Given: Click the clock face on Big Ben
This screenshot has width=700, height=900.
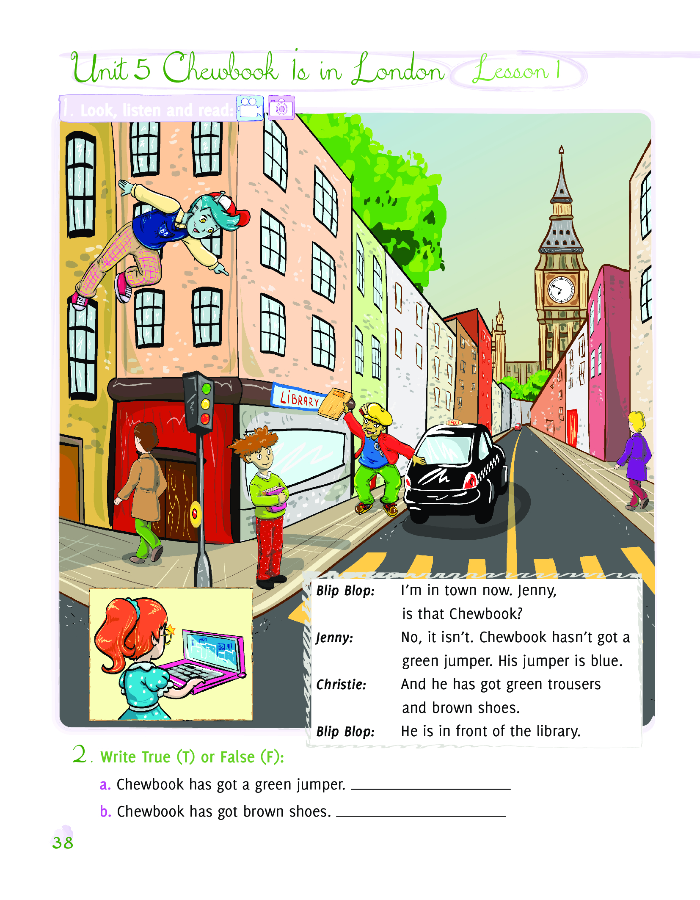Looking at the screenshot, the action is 561,290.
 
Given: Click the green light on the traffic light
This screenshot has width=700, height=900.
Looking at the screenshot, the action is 207,388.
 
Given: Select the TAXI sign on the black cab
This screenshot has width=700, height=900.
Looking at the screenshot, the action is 454,422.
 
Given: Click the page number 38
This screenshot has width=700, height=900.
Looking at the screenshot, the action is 63,842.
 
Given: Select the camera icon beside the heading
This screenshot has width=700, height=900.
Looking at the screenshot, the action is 281,108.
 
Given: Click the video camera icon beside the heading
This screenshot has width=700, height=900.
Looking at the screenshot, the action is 250,108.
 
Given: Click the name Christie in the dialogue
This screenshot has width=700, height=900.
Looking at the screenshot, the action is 341,684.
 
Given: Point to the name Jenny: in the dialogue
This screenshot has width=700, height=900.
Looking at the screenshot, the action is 334,638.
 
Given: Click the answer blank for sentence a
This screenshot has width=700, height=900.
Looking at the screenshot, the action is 431,789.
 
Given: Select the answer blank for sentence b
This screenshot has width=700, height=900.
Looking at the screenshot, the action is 421,815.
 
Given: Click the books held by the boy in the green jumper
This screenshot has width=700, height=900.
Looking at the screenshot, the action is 276,497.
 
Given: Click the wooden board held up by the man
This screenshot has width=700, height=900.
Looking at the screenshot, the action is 335,403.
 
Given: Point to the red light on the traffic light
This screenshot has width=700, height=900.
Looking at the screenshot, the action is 205,419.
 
